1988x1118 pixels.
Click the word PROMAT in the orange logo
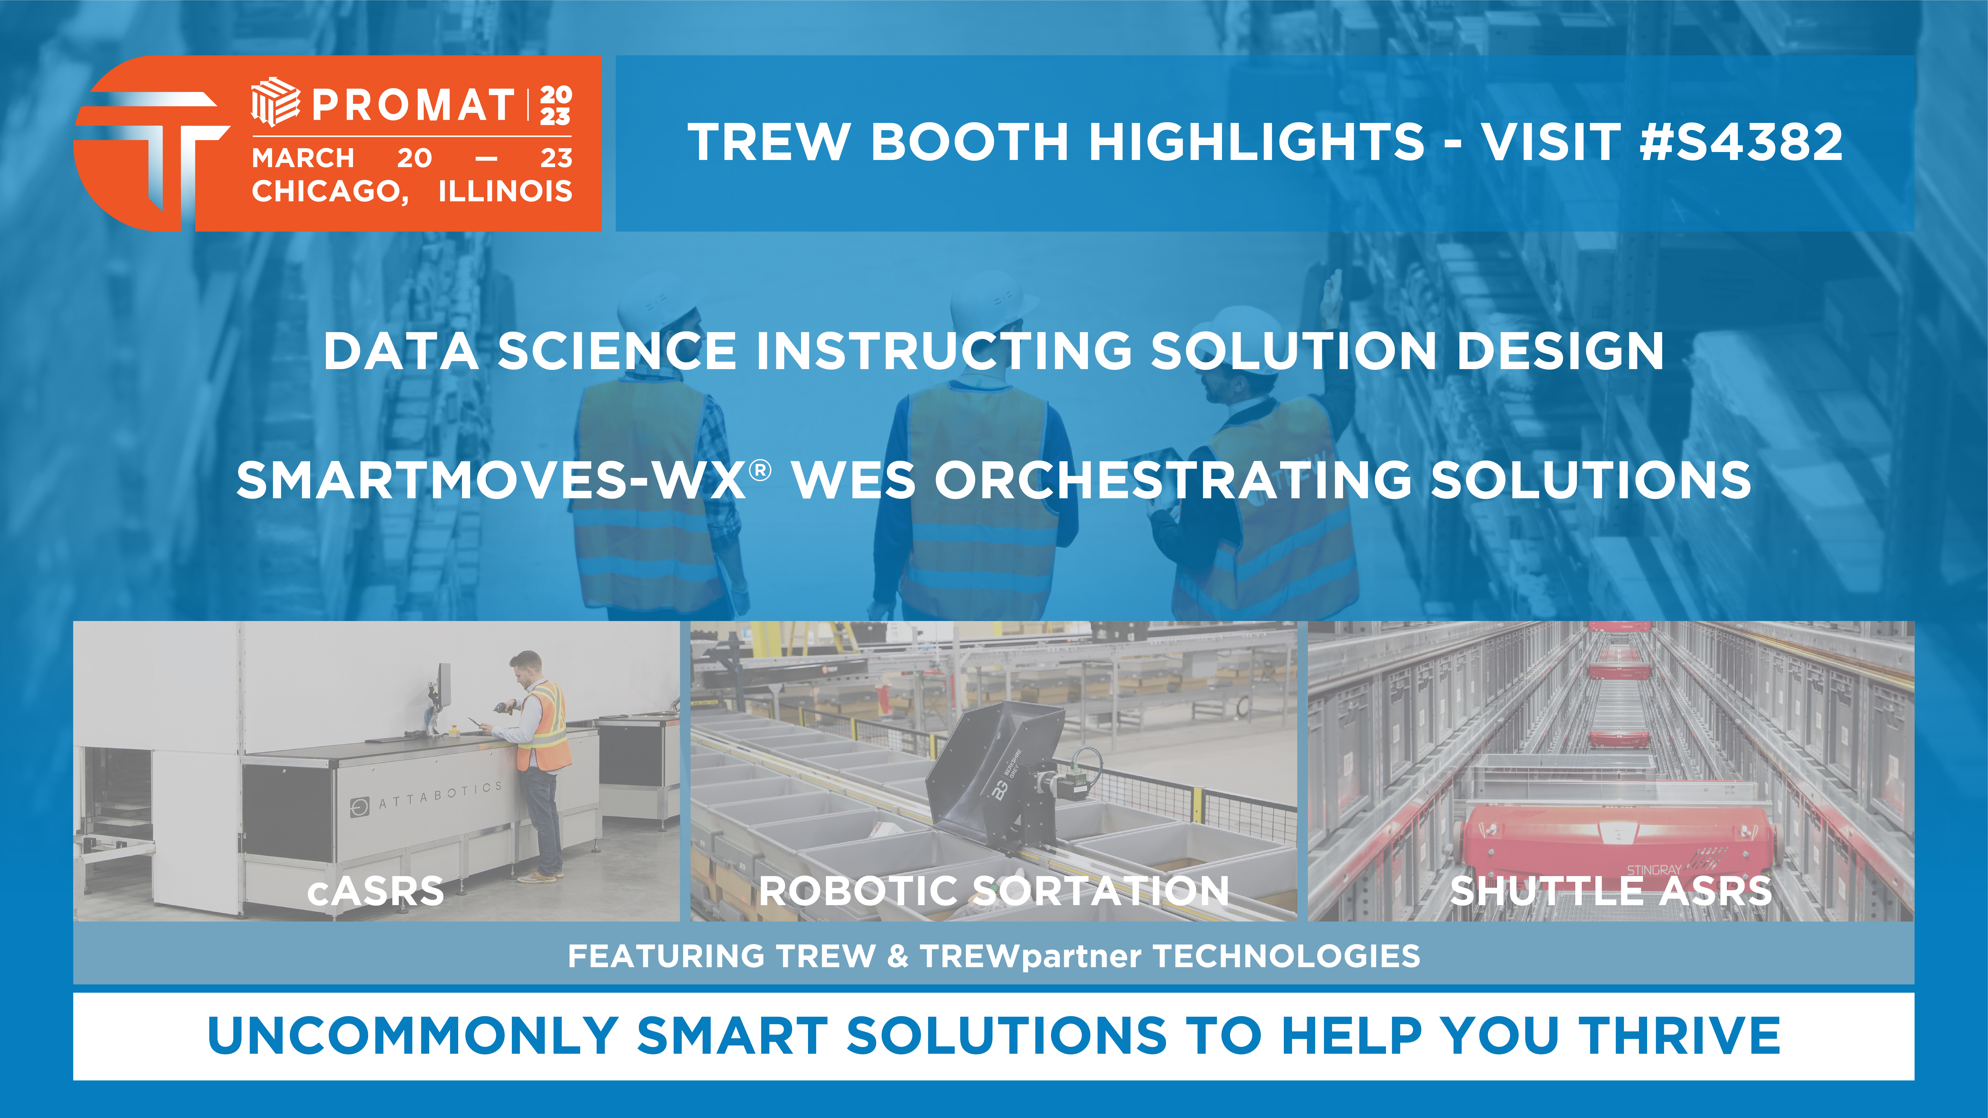pyautogui.click(x=413, y=105)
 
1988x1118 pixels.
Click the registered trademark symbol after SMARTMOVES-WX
pyautogui.click(x=760, y=470)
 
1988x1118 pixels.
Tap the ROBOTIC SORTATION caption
pyautogui.click(x=994, y=891)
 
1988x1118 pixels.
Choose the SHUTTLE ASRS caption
pyautogui.click(x=1611, y=891)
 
